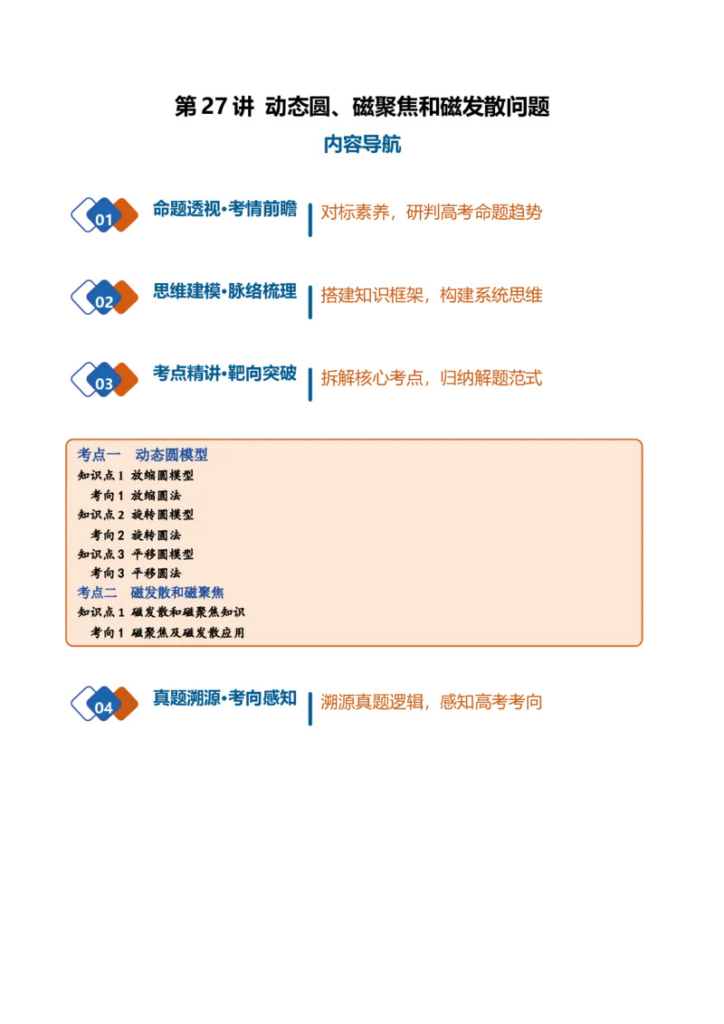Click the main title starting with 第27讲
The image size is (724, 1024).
point(362,107)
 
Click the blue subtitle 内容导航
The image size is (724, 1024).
point(362,145)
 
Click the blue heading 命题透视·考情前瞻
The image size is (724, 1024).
point(224,209)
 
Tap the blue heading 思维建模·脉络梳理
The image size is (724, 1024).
point(224,291)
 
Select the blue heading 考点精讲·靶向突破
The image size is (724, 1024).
point(224,374)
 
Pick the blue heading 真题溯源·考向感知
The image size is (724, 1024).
point(224,698)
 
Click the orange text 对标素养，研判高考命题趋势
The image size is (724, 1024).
point(432,213)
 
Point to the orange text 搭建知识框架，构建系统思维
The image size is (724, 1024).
point(432,295)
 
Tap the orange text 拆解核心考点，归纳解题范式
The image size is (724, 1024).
point(432,378)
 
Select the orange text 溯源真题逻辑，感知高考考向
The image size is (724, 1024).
point(432,702)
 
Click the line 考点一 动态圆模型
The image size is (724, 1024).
point(142,454)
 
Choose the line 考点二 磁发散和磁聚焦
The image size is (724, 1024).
point(150,593)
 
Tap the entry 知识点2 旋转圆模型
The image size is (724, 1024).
point(136,515)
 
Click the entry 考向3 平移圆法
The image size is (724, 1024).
point(136,574)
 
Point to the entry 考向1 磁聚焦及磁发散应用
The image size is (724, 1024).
point(167,632)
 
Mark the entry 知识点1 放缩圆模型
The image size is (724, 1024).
point(136,476)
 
